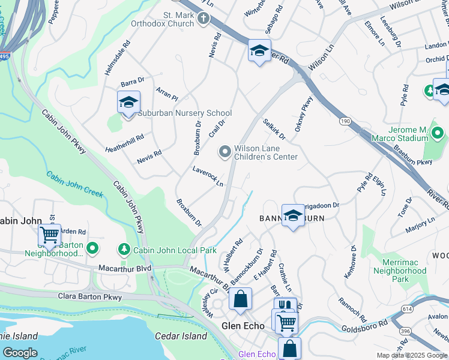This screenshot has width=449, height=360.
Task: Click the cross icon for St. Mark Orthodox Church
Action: [x=203, y=19]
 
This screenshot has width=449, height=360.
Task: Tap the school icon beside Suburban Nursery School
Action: [x=128, y=103]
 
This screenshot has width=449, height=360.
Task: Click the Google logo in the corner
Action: [x=20, y=353]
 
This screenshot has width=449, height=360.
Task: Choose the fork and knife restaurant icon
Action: [x=285, y=306]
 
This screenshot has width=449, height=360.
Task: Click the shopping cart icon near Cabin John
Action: [x=49, y=234]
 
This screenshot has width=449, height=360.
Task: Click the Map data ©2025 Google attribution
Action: [x=412, y=355]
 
